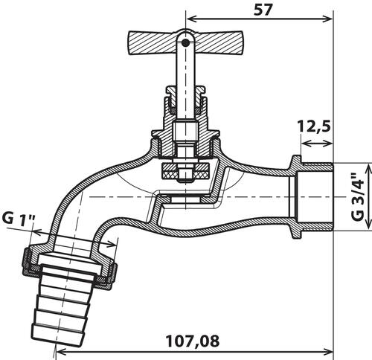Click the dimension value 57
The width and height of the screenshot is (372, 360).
pos(263,10)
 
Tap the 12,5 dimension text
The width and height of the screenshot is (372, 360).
pos(314,126)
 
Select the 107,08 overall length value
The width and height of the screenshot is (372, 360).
pos(193,341)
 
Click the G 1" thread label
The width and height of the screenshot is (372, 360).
pos(19,219)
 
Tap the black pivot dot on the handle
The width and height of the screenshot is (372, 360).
pos(185,43)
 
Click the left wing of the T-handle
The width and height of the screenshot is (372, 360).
pos(153,42)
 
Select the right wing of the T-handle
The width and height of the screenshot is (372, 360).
pos(217,42)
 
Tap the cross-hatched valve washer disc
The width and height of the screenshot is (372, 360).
pos(186,172)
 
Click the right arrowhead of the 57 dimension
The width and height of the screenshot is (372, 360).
pos(327,19)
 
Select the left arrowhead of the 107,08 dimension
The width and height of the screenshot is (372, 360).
pos(62,351)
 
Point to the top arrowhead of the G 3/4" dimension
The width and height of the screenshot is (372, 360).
pos(369,169)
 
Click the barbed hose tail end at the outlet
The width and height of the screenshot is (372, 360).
pos(62,304)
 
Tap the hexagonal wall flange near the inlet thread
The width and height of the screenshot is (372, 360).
pos(296,197)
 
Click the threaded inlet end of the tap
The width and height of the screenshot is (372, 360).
pos(317,197)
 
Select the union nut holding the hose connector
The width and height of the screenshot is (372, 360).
pos(69,266)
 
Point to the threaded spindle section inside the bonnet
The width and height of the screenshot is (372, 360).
pos(185,132)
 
